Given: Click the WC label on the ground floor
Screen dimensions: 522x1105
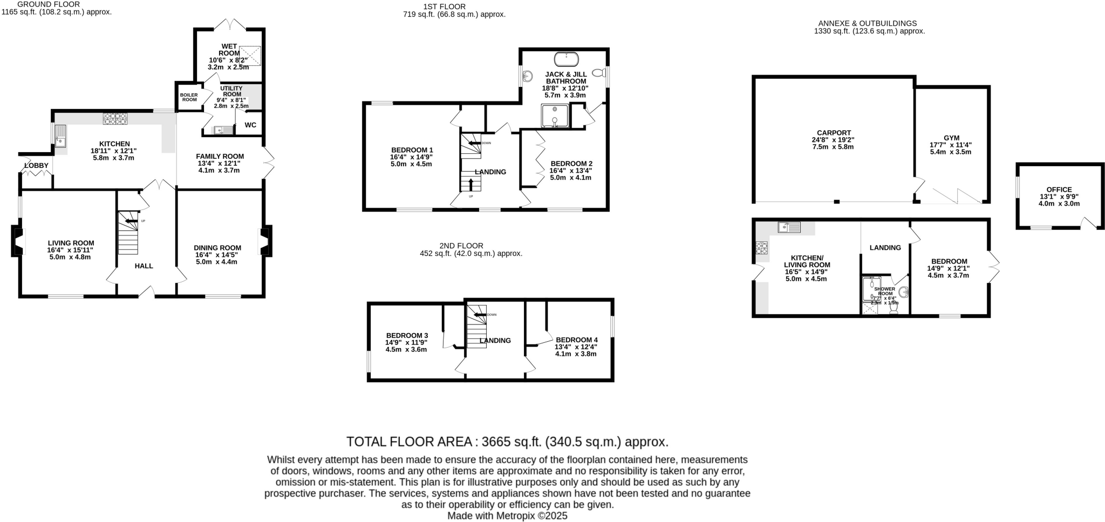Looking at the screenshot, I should [250, 125].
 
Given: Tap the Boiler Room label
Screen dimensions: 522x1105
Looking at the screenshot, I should [189, 97].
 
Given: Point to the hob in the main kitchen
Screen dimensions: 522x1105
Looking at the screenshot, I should [115, 118].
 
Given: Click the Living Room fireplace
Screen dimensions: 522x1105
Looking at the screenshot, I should [18, 241].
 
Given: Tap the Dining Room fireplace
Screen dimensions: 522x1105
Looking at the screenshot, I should [265, 241].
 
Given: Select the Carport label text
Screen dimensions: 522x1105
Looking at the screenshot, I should [834, 133].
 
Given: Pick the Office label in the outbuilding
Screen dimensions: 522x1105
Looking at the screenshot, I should [1059, 189].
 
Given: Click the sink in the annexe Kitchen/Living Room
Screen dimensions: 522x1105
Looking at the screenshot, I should [789, 227].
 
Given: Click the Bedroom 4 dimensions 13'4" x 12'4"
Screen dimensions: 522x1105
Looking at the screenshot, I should [577, 347].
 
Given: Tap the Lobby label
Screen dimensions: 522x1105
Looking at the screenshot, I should [36, 165].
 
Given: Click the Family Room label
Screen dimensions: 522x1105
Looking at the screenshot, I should [220, 157].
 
